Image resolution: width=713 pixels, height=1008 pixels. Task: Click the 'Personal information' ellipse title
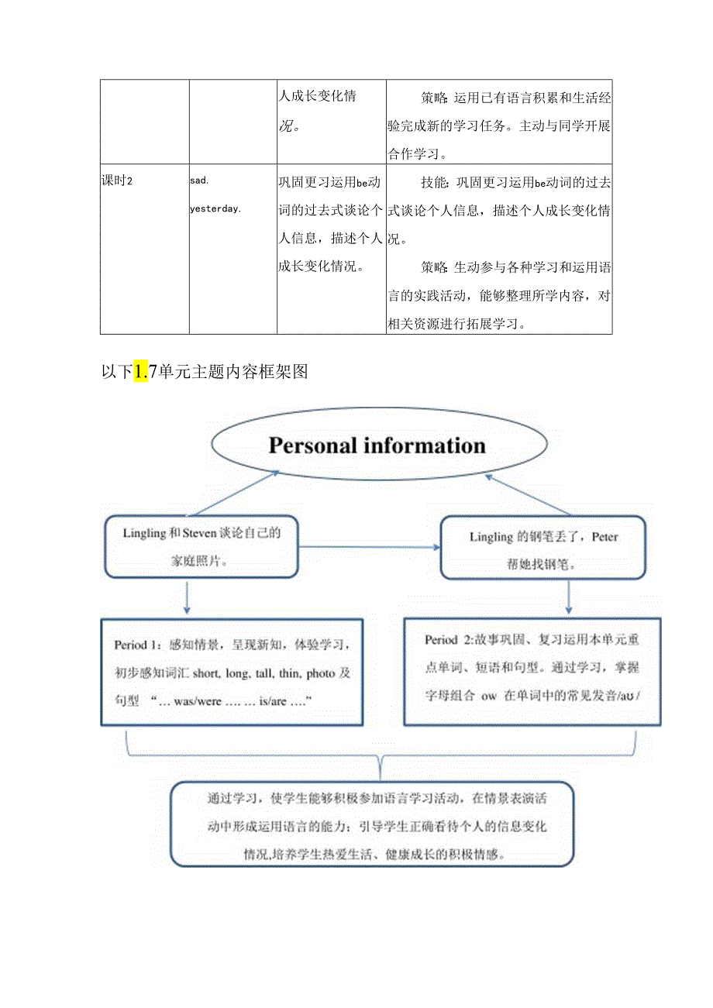coord(377,446)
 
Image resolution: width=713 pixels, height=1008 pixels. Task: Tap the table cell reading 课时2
coord(118,181)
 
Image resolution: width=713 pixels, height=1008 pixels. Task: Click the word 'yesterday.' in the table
coord(215,208)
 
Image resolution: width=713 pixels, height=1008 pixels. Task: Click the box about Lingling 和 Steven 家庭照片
coord(201,547)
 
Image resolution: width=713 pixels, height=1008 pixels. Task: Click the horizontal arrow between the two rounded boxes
coord(369,547)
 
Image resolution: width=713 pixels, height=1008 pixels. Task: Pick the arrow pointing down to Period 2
coord(569,597)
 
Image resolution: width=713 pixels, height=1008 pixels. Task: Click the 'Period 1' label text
coord(136,645)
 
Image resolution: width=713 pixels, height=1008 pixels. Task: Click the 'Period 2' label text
coord(448,640)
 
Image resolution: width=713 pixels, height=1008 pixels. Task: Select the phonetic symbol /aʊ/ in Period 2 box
coord(629,695)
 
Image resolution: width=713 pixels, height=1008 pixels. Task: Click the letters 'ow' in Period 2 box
coord(488,695)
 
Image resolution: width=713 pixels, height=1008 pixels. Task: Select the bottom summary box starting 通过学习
coord(372,824)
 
